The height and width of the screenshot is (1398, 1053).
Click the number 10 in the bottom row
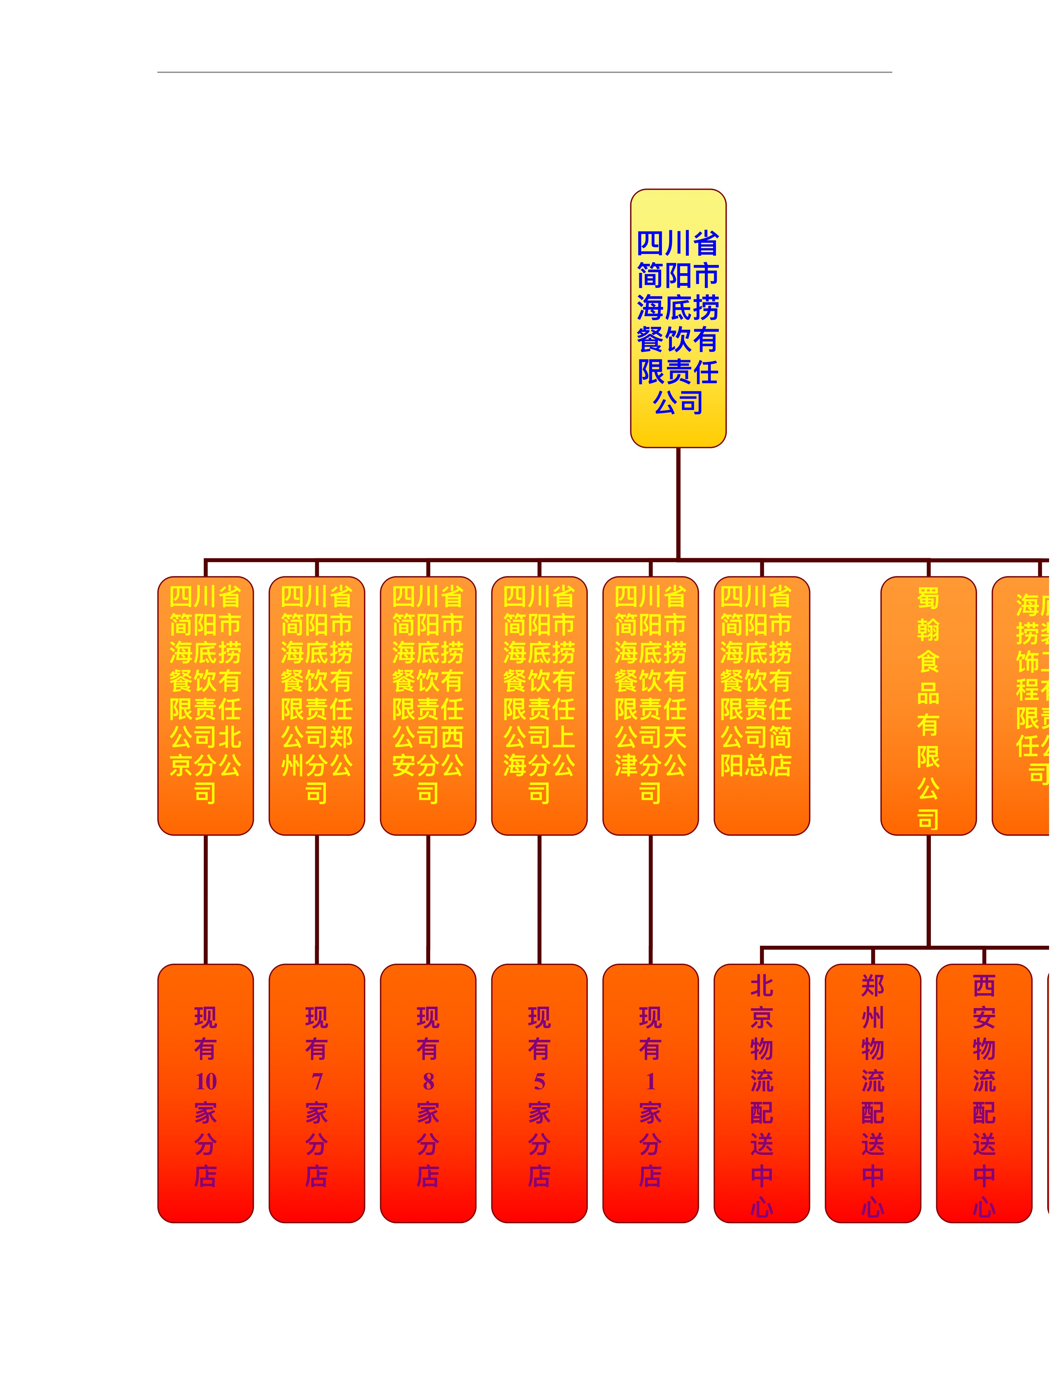[206, 1081]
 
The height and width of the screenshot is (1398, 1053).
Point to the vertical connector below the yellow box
[678, 502]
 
